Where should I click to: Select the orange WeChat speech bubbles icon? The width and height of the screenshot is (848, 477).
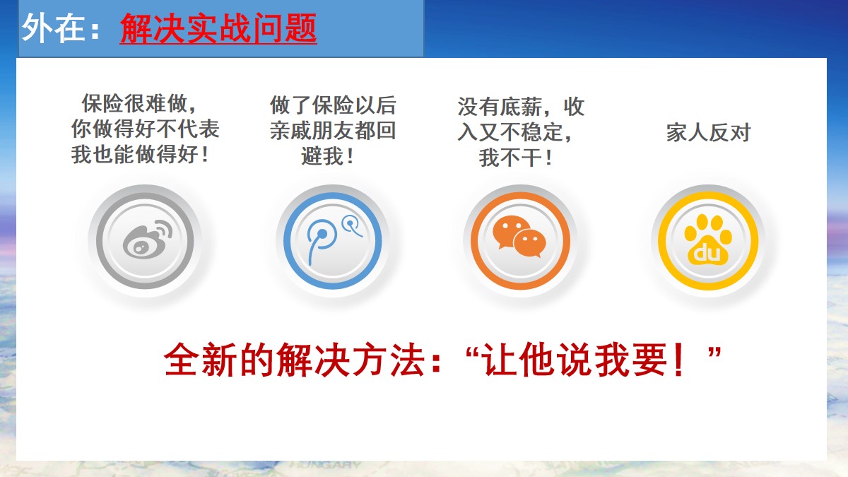tap(519, 237)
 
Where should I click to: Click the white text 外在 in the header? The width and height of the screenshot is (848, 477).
tap(53, 28)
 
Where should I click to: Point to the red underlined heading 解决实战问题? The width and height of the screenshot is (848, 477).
tap(218, 28)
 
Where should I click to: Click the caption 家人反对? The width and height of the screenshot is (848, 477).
tap(708, 133)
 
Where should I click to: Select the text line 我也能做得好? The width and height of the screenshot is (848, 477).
tap(140, 155)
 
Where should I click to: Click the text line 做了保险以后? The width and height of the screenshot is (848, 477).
tap(333, 105)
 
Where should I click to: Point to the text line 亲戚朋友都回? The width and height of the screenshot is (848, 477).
tap(333, 131)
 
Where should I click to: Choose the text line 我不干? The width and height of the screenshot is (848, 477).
tap(515, 158)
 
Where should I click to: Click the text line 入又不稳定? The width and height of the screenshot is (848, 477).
tap(515, 132)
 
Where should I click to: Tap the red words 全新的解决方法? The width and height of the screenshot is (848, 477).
tap(294, 360)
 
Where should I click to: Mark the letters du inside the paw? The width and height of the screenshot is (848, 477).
tap(707, 253)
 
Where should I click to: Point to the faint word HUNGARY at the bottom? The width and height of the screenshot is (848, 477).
tap(326, 465)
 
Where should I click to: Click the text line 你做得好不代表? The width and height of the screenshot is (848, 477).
tap(146, 129)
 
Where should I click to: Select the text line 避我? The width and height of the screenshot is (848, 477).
tap(327, 156)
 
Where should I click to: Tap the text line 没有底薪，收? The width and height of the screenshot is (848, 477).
tap(521, 107)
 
